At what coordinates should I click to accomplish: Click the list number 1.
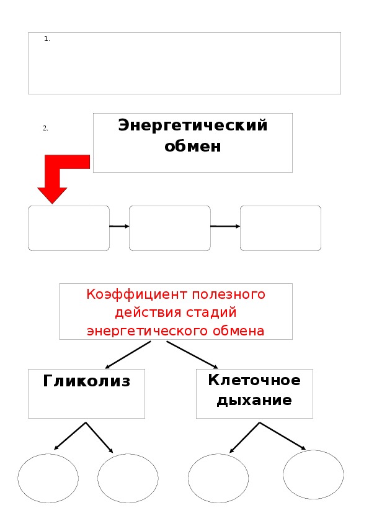(x=47, y=39)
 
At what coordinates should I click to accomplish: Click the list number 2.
(x=46, y=128)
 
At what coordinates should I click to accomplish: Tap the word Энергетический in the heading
(x=193, y=125)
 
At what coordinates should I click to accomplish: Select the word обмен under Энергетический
(x=193, y=146)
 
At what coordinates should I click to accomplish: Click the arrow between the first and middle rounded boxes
(x=119, y=227)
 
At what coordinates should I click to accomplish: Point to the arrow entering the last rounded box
(x=225, y=227)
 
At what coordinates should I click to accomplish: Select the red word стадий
(x=211, y=312)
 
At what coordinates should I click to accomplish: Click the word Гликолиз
(x=87, y=381)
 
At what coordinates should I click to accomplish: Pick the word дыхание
(x=254, y=400)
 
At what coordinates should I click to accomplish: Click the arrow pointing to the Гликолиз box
(x=128, y=355)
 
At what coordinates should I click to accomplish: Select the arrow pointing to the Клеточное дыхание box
(x=192, y=355)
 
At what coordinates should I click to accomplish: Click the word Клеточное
(x=254, y=380)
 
